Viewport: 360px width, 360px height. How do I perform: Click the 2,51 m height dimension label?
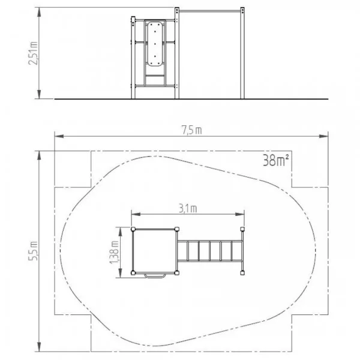[33, 53]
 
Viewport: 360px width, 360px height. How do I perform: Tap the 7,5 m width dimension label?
[192, 130]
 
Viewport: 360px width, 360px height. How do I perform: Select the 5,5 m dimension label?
[33, 251]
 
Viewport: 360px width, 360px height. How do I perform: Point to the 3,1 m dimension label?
[188, 209]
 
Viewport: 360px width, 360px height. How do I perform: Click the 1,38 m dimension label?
[114, 252]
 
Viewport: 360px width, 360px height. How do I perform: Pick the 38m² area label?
[276, 160]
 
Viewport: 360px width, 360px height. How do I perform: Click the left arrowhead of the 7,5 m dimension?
[59, 136]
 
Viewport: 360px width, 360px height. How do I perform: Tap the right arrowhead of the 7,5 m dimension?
[324, 136]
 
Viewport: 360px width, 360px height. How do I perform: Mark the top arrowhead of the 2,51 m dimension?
[39, 12]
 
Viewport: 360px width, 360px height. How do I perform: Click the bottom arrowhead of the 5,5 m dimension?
[39, 347]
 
